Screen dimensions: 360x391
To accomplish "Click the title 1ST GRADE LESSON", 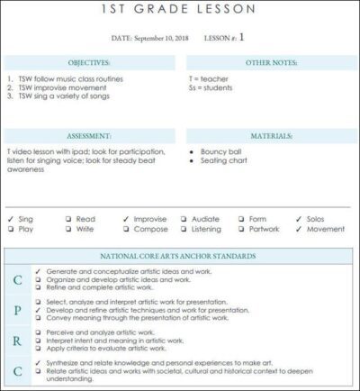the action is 180,9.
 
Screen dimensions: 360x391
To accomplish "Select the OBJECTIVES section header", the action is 90,63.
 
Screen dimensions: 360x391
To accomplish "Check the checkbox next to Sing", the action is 10,219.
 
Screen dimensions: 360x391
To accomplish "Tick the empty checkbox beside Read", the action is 68,219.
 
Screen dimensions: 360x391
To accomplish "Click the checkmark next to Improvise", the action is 126,219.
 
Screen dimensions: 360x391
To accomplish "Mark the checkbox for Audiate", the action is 184,219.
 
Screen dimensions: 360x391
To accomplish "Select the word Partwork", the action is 265,229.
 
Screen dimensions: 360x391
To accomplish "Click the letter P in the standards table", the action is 17,311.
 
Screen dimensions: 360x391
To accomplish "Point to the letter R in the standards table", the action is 17,341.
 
